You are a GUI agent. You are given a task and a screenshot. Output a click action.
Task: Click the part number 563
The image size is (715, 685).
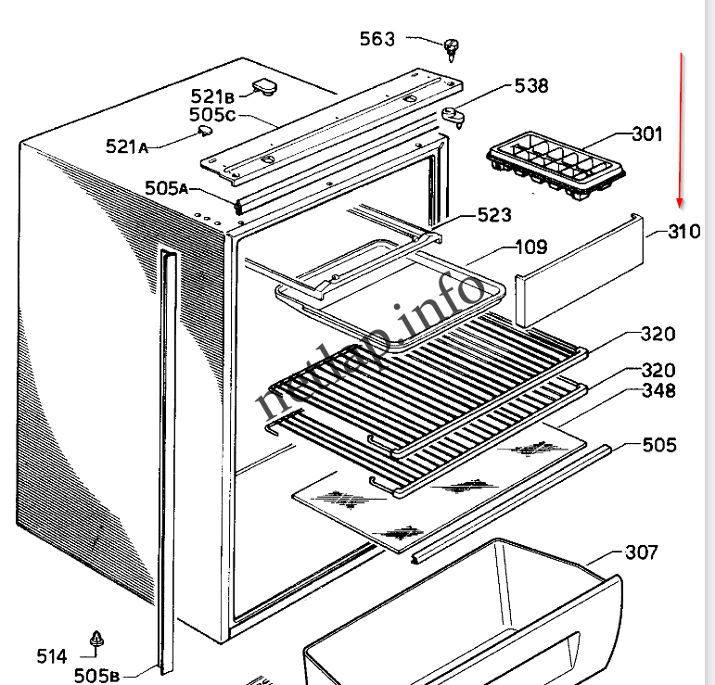tap(377, 39)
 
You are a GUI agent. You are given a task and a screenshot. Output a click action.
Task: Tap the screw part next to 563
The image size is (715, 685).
tap(451, 50)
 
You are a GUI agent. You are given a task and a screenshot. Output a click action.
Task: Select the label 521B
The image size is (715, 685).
tap(212, 96)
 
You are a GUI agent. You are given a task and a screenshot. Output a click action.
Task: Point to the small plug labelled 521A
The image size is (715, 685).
tap(205, 132)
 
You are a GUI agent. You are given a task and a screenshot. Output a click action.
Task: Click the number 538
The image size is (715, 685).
tap(531, 85)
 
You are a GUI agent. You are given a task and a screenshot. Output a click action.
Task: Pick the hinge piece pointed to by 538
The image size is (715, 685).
tap(454, 116)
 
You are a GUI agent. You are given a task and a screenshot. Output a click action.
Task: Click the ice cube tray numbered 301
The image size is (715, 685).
tap(555, 166)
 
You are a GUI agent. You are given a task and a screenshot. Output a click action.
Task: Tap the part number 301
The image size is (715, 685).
tap(647, 134)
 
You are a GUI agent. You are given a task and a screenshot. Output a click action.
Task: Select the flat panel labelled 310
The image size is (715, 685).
tap(580, 270)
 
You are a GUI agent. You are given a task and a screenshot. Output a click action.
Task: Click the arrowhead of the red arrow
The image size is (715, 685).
tap(680, 203)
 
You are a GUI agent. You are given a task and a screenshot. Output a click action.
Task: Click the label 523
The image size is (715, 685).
tap(494, 215)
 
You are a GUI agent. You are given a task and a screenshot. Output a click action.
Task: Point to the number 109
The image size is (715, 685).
tap(531, 247)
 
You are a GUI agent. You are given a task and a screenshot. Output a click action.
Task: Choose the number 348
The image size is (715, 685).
tap(659, 390)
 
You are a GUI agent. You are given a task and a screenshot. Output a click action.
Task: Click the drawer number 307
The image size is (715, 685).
tap(642, 552)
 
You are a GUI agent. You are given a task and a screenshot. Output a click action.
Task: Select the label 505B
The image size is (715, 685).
tap(96, 676)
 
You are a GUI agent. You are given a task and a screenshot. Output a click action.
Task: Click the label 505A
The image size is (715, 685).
tap(166, 188)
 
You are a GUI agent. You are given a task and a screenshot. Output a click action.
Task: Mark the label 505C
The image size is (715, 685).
tap(212, 115)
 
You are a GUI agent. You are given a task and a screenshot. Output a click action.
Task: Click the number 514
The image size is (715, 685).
tap(52, 656)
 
